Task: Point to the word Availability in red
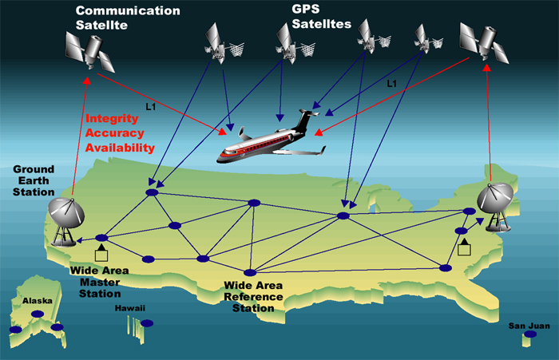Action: click(x=120, y=148)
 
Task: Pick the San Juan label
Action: click(x=528, y=326)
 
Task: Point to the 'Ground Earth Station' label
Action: click(x=34, y=181)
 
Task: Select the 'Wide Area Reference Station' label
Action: click(x=253, y=296)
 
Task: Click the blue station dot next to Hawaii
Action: click(x=147, y=323)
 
